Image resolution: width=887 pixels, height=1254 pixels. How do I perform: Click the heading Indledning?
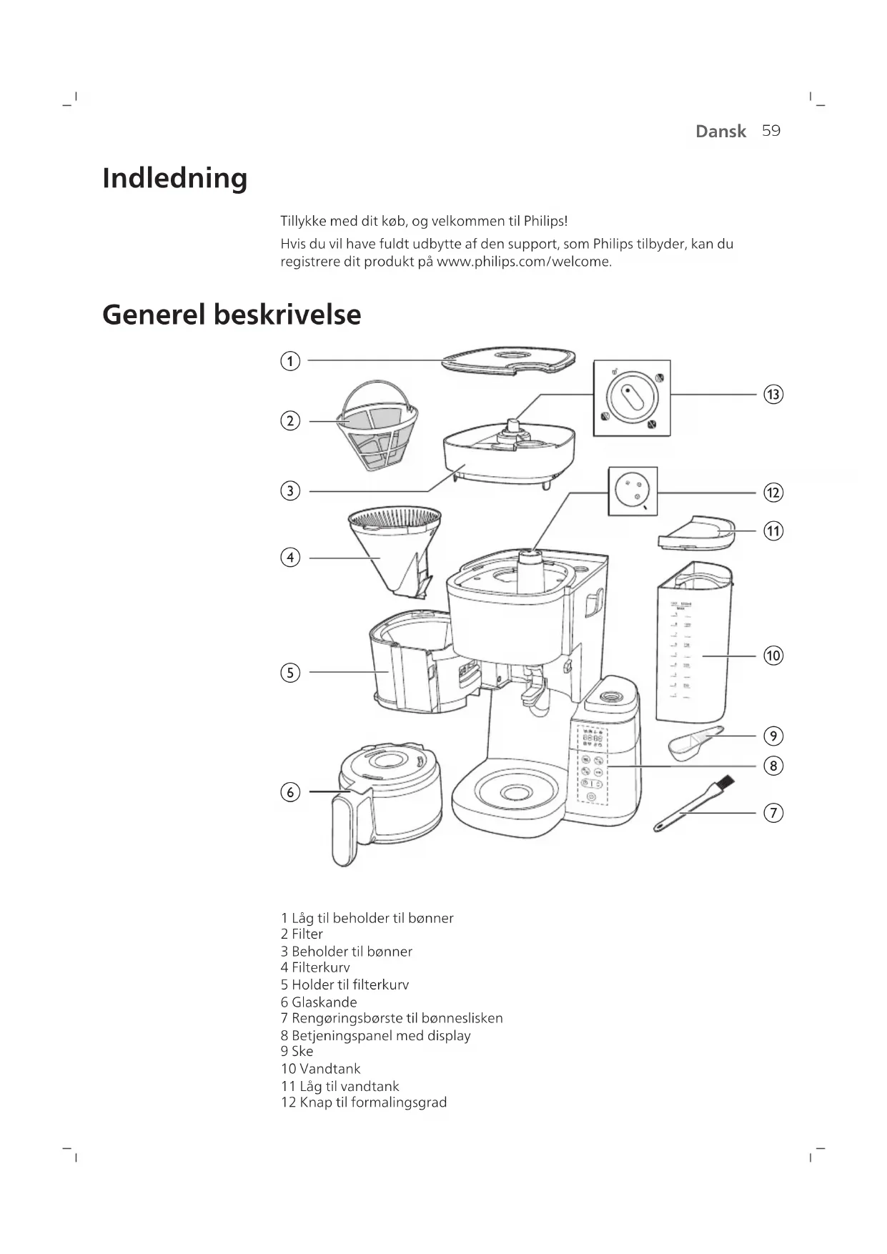click(174, 178)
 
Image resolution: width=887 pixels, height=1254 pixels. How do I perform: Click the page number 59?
click(771, 131)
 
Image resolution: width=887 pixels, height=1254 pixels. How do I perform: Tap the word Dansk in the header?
click(720, 132)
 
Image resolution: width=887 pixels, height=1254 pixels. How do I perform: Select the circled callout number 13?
click(773, 395)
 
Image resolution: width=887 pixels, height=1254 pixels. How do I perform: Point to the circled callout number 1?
click(289, 361)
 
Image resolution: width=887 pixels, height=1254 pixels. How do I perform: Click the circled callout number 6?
click(289, 792)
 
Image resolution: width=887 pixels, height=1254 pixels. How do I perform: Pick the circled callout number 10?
click(773, 656)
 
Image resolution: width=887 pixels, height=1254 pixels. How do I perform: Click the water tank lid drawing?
click(695, 533)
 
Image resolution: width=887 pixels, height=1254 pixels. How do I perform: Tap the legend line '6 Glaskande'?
click(319, 1002)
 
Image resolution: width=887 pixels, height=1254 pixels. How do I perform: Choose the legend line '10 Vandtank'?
click(320, 1069)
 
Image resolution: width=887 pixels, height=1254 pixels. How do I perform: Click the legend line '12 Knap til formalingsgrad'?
click(363, 1102)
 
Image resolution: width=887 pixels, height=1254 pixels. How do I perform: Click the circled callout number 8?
click(773, 766)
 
